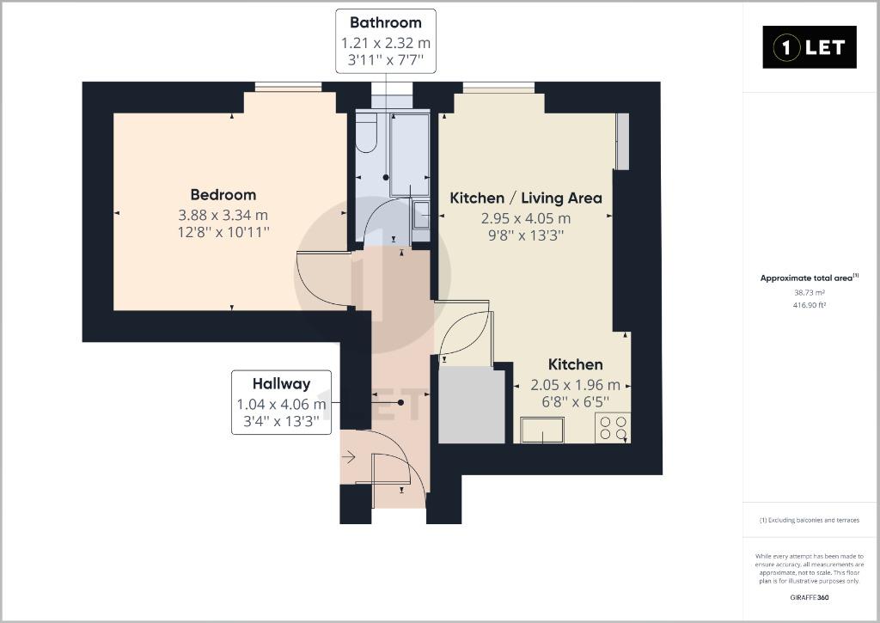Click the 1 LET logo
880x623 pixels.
pyautogui.click(x=810, y=47)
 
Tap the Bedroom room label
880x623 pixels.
pyautogui.click(x=223, y=195)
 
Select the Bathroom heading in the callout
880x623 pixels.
pyautogui.click(x=385, y=22)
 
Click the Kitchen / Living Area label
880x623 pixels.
pyautogui.click(x=526, y=198)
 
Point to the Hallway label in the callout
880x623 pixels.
pyautogui.click(x=281, y=384)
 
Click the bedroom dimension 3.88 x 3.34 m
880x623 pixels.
pyautogui.click(x=223, y=215)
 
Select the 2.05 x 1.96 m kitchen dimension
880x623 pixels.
pyautogui.click(x=575, y=385)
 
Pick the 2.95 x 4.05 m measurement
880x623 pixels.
pyautogui.click(x=526, y=218)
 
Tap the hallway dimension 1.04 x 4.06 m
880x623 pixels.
pyautogui.click(x=281, y=404)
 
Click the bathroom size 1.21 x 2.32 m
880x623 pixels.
pyautogui.click(x=385, y=43)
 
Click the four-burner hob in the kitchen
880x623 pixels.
pyautogui.click(x=612, y=427)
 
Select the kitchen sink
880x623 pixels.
pyautogui.click(x=542, y=430)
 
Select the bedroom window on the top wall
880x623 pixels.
pyautogui.click(x=288, y=86)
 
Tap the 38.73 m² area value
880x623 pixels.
pyautogui.click(x=809, y=292)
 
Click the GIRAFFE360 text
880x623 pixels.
pyautogui.click(x=809, y=597)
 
